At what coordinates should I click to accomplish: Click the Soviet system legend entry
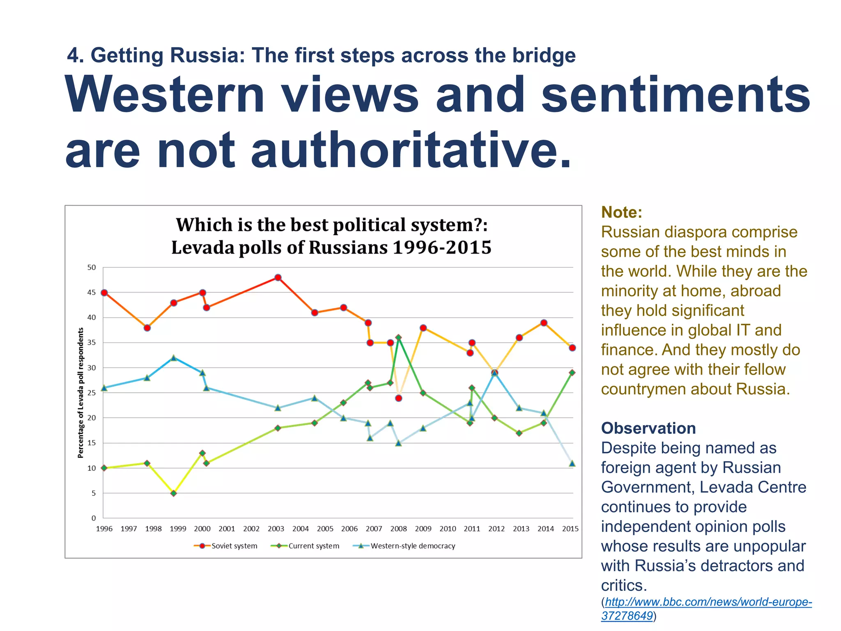(x=226, y=546)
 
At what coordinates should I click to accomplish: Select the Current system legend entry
(x=306, y=546)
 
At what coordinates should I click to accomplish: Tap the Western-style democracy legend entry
(x=404, y=546)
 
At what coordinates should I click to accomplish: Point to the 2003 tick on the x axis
(x=276, y=529)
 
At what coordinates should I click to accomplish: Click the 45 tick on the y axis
(x=92, y=292)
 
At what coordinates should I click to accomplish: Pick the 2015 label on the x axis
(x=570, y=529)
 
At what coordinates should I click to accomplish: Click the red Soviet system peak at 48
(x=278, y=278)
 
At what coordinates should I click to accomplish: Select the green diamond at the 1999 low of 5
(x=174, y=493)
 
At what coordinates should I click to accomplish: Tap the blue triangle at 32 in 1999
(x=174, y=358)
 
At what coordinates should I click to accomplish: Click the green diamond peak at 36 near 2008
(x=398, y=338)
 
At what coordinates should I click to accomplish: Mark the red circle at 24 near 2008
(x=398, y=398)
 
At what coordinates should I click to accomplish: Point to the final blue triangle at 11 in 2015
(x=572, y=463)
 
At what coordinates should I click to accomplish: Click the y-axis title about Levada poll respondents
(x=81, y=392)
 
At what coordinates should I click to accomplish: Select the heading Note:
(x=621, y=212)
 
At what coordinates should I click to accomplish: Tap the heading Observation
(x=648, y=428)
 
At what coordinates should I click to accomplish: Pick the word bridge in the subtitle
(x=544, y=55)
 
